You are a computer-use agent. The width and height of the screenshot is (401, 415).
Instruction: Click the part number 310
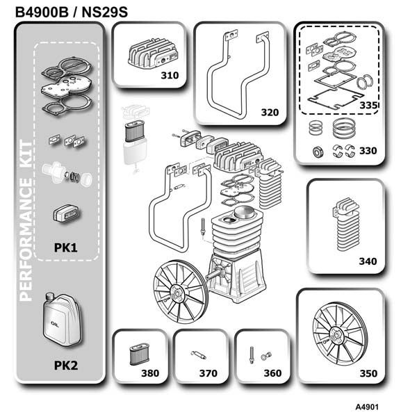[170, 76]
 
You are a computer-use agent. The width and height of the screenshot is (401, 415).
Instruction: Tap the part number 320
[270, 113]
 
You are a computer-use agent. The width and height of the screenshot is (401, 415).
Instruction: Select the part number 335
[368, 106]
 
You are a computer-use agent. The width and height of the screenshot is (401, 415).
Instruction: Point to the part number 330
[368, 151]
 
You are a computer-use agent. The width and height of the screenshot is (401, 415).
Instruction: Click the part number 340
[368, 261]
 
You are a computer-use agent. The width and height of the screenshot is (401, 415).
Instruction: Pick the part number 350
[368, 373]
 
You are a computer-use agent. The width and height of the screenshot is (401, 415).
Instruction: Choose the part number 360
[272, 373]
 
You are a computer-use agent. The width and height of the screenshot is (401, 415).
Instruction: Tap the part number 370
[208, 373]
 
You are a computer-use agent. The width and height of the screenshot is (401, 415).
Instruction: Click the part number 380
[150, 373]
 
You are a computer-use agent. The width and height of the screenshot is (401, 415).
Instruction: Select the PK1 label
[65, 247]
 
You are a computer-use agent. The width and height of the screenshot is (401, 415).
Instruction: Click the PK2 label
[66, 366]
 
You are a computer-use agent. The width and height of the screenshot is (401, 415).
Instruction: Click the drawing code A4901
[367, 407]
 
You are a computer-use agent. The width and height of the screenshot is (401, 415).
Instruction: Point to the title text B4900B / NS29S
[72, 13]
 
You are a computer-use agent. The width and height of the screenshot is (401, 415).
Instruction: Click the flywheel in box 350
[340, 334]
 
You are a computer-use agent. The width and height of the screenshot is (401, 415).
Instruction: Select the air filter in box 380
[140, 355]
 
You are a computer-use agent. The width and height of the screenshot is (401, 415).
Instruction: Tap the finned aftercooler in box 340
[346, 225]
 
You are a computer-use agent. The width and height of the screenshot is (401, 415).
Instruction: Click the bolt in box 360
[252, 355]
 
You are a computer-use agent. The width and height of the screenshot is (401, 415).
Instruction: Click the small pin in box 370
[199, 355]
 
